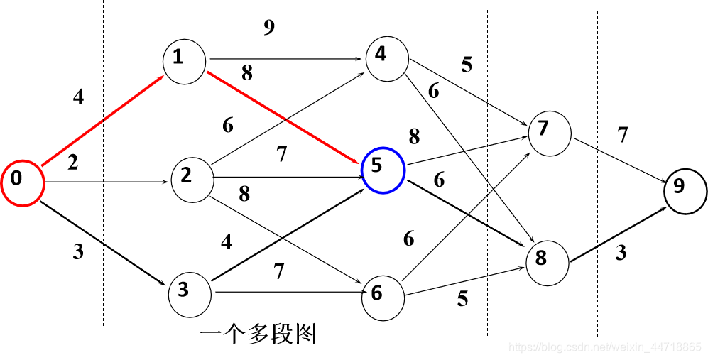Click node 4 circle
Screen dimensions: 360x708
(x=386, y=57)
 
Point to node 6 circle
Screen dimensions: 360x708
(x=383, y=294)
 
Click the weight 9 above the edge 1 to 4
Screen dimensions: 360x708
(x=268, y=27)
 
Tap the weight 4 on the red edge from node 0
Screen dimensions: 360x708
(x=78, y=97)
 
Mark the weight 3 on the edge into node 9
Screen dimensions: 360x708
(x=621, y=253)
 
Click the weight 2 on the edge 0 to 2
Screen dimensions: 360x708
(x=73, y=163)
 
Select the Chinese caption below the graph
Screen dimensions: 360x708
(x=257, y=334)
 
